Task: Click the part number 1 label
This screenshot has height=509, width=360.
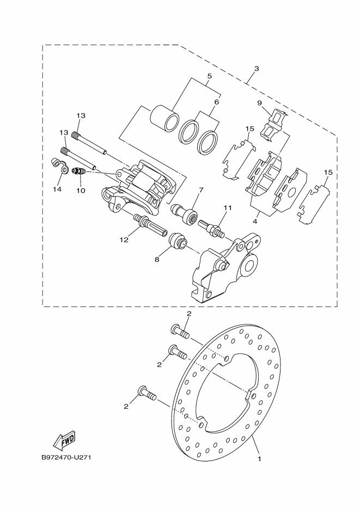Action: click(x=260, y=459)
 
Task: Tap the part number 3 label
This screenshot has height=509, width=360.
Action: click(x=257, y=69)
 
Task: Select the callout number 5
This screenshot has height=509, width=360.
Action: click(x=209, y=77)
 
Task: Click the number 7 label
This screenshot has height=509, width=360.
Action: click(x=201, y=190)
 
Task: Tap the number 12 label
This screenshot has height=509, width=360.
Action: click(x=124, y=239)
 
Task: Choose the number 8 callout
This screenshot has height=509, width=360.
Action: click(x=157, y=260)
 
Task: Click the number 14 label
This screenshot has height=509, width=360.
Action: click(x=57, y=189)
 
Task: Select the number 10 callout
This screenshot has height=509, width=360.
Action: click(x=81, y=191)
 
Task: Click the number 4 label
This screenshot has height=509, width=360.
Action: click(x=255, y=222)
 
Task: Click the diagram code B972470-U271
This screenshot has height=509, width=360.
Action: click(x=65, y=457)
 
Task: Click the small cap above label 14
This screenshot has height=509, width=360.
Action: click(x=55, y=162)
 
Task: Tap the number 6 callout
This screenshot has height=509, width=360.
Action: click(x=216, y=102)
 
